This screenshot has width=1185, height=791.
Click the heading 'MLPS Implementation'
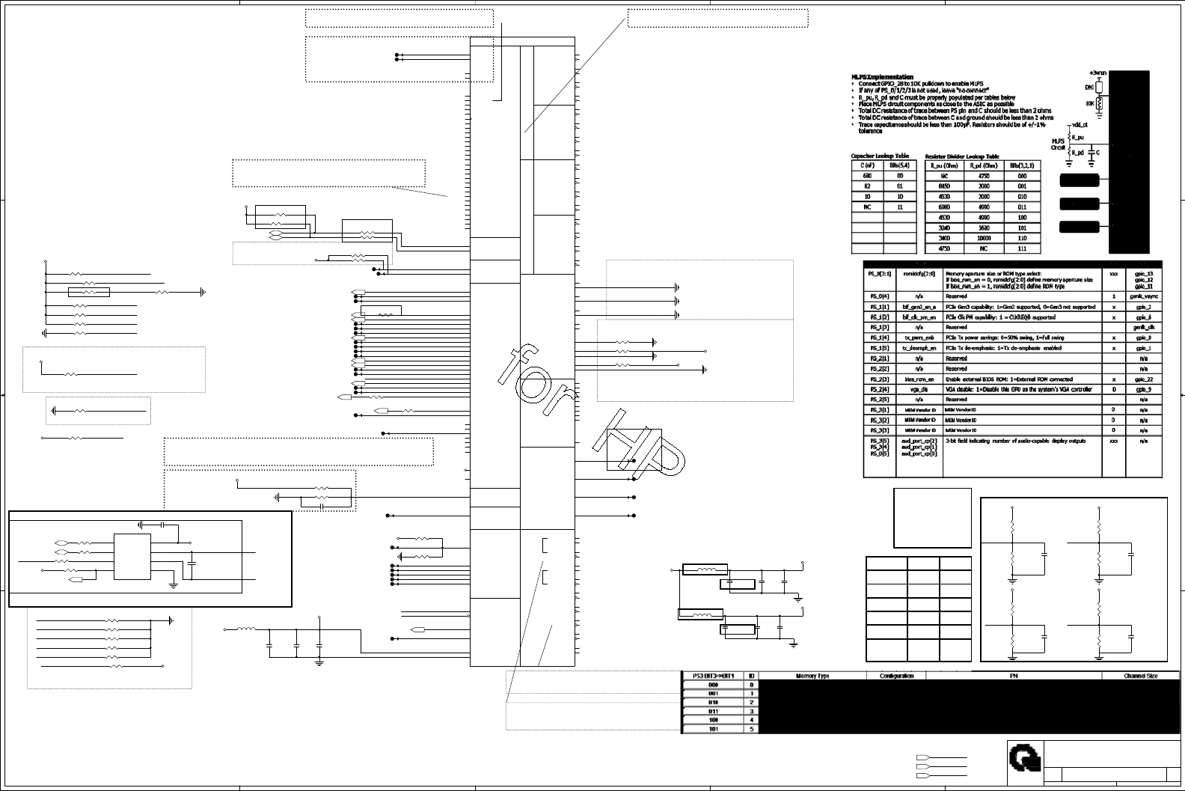click(882, 77)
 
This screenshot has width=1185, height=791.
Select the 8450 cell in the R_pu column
click(943, 186)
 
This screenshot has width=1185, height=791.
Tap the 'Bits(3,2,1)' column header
click(1021, 165)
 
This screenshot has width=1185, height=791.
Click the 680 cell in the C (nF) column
click(867, 176)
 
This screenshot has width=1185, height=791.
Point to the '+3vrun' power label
click(1097, 73)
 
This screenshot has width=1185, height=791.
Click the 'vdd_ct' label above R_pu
click(1080, 125)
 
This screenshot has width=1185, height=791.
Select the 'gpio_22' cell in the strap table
click(1144, 379)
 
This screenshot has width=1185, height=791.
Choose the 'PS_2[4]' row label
click(878, 390)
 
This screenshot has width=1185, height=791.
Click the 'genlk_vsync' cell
click(1144, 296)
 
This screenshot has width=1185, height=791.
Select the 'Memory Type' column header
click(812, 676)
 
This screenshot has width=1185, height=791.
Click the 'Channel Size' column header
click(1141, 676)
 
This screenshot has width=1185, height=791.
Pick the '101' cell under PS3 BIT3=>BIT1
click(713, 728)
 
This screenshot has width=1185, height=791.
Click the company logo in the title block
click(1022, 762)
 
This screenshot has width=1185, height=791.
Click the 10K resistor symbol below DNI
click(1099, 105)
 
